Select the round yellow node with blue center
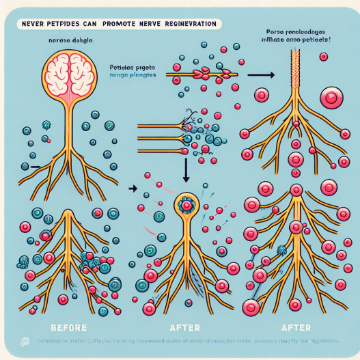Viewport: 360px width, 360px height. pos(186,203)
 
